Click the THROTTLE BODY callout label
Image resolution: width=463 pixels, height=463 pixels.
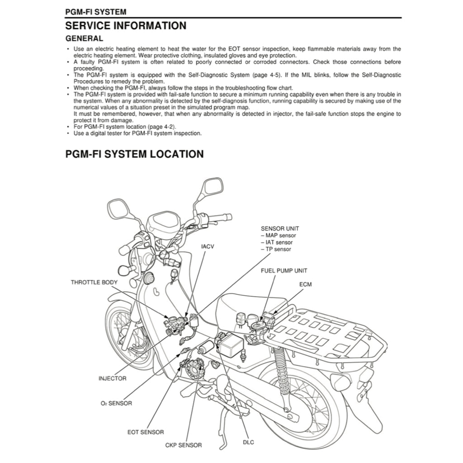94,282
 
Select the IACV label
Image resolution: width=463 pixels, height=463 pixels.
207,246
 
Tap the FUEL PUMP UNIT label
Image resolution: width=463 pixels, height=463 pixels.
283,270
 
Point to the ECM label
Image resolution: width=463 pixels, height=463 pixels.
305,284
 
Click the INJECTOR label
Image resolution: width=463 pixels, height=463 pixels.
112,378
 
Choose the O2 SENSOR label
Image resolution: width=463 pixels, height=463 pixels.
116,403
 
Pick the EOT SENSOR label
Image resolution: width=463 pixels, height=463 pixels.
146,432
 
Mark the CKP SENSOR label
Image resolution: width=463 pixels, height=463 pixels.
183,445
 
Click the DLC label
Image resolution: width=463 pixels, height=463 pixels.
248,442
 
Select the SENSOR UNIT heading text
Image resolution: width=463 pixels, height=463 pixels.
279,229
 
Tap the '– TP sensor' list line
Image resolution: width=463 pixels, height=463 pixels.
276,249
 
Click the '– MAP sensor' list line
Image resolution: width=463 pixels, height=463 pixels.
278,236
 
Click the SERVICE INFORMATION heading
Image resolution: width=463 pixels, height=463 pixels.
126,25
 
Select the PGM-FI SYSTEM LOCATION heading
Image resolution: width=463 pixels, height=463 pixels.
134,154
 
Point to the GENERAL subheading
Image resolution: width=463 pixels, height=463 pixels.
84,38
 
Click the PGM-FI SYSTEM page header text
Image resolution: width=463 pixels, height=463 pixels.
95,12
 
